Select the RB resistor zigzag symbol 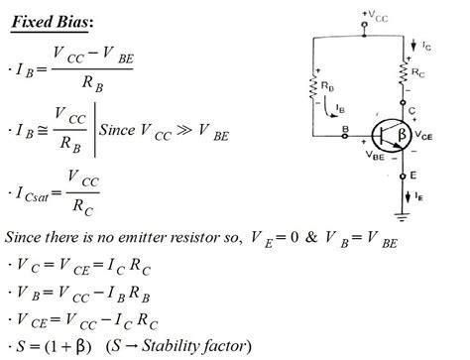tap(316, 86)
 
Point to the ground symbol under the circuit tap(405, 213)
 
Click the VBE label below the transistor tap(376, 156)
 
